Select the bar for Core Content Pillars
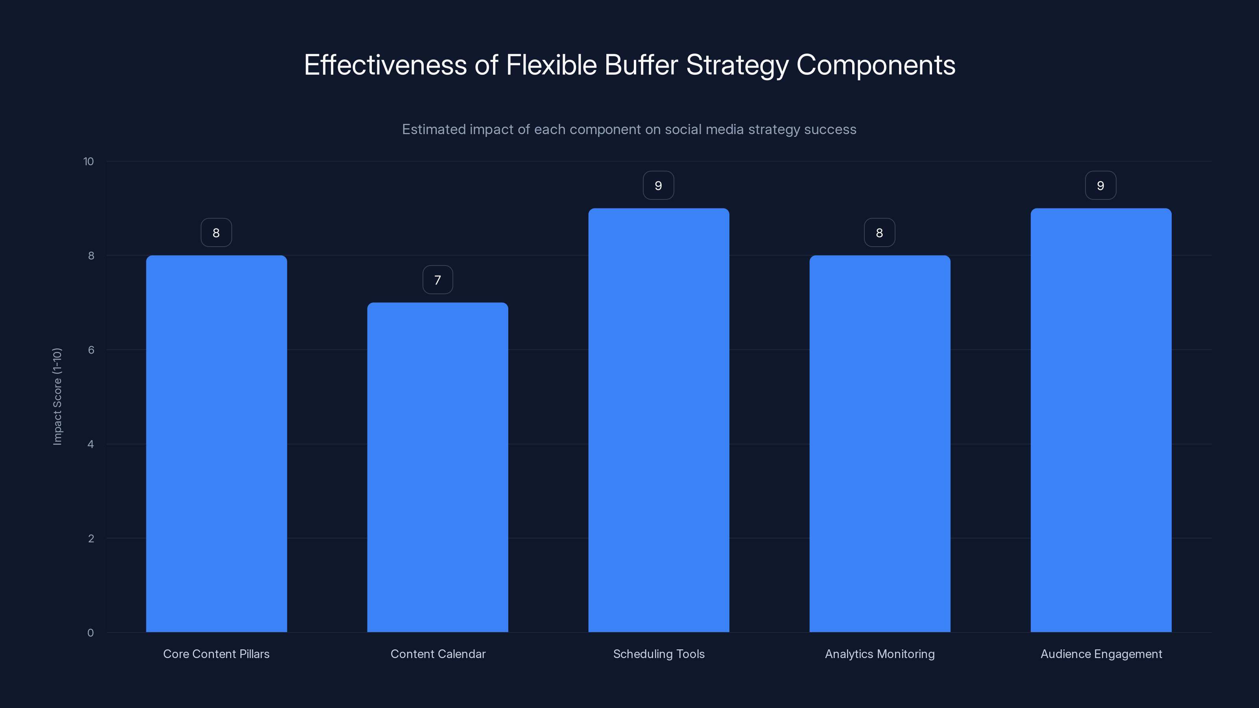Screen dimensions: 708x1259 point(216,444)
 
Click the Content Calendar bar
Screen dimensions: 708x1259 point(438,467)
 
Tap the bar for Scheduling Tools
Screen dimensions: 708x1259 point(658,420)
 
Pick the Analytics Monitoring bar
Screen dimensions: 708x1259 point(880,444)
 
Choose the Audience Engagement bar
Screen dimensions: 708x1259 point(1101,420)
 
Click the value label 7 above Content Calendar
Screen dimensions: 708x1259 point(438,280)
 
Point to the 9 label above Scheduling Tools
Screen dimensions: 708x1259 point(658,186)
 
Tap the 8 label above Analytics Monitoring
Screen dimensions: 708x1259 point(879,233)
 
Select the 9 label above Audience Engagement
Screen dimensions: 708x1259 point(1100,186)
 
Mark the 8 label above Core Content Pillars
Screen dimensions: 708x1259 point(216,233)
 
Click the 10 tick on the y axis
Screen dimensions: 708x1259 point(89,162)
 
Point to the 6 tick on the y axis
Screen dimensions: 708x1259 point(91,350)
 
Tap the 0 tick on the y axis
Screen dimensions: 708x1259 point(90,633)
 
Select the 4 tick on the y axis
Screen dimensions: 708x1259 point(90,444)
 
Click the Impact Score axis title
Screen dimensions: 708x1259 point(57,396)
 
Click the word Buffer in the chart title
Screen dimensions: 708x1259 point(641,65)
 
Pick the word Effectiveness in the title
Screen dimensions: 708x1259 point(385,65)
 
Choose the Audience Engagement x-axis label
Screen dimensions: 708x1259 point(1101,654)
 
